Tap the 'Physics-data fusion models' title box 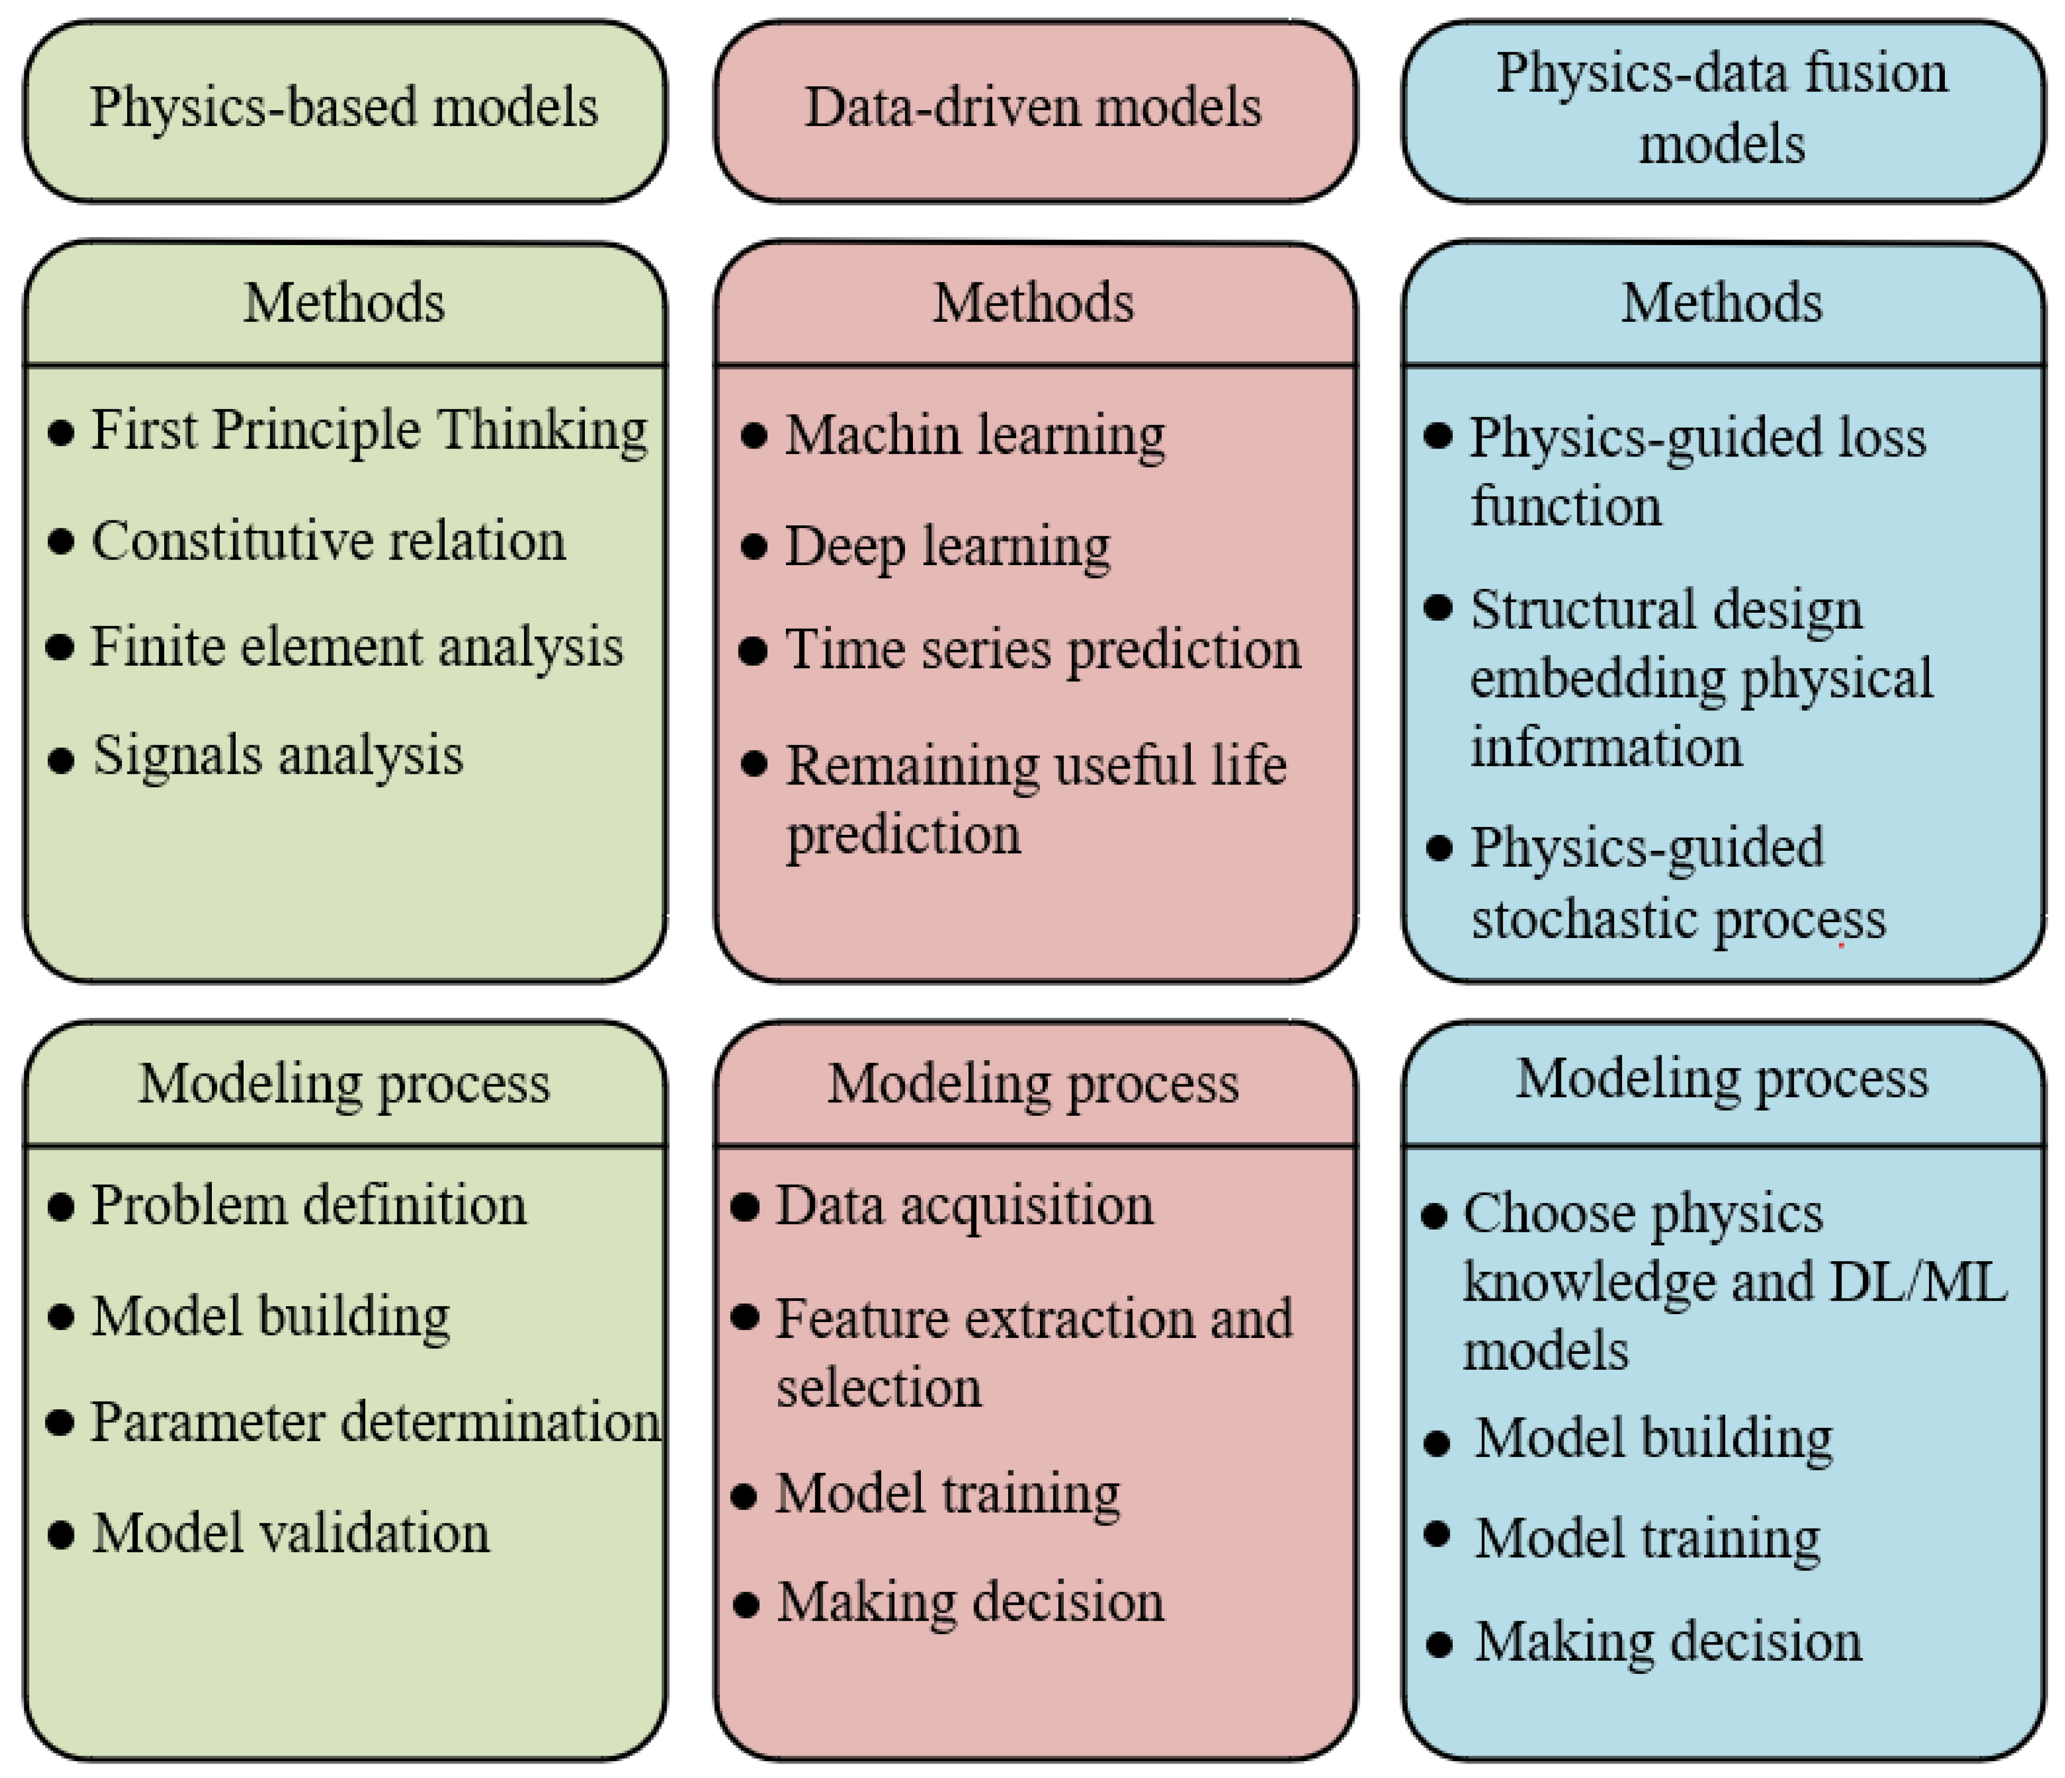click(x=1722, y=110)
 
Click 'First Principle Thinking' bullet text click(x=369, y=431)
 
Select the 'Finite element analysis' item click(x=357, y=647)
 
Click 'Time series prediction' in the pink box click(x=1042, y=650)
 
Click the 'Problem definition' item click(x=309, y=1206)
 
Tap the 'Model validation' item click(x=291, y=1533)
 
